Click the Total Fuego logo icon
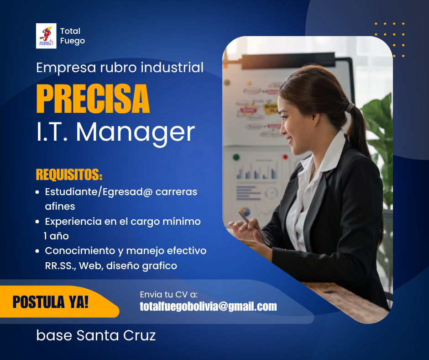[46, 36]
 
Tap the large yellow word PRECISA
[93, 99]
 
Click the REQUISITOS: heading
[69, 175]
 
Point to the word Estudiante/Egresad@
[99, 192]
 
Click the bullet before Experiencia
[37, 222]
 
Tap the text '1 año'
[56, 236]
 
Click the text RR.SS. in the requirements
[60, 266]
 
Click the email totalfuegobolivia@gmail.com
[208, 306]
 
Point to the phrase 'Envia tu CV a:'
[168, 295]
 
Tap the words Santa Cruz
[116, 335]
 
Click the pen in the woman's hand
[254, 228]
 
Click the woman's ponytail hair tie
[350, 106]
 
